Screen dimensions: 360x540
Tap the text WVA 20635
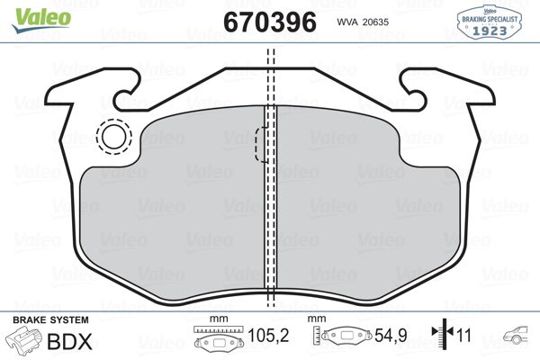[361, 22]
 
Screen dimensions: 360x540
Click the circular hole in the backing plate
[114, 137]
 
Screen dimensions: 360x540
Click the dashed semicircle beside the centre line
[260, 145]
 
